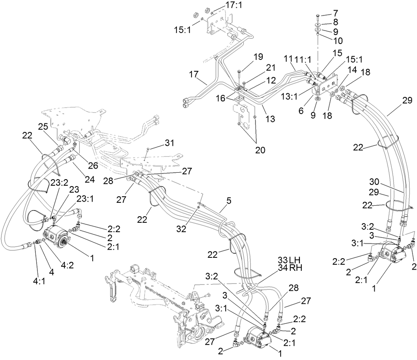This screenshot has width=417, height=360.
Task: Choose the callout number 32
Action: pyautogui.click(x=181, y=229)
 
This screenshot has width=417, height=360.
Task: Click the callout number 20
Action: pyautogui.click(x=260, y=150)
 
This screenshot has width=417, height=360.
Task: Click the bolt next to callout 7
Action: pyautogui.click(x=317, y=17)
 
